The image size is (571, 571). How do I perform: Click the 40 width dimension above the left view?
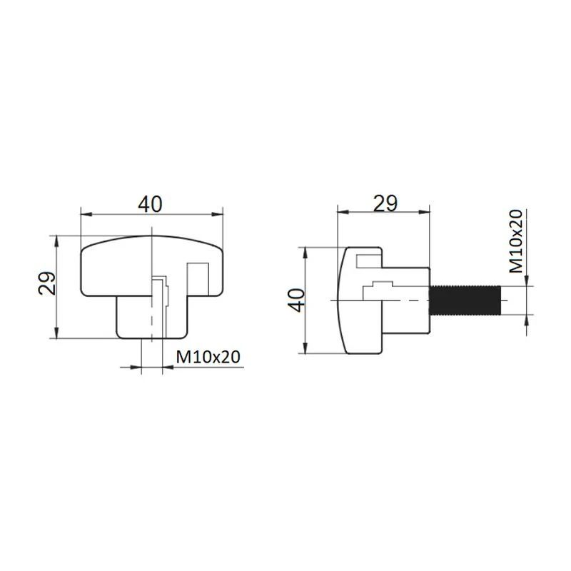pos(150,204)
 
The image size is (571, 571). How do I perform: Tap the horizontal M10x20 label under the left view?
pos(208,358)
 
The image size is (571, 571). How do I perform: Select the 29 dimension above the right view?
pos(385,203)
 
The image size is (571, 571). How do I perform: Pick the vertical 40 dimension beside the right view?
pos(296,300)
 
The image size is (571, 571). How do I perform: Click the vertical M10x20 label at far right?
pos(515,241)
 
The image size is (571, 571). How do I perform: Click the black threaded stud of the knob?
pos(465,300)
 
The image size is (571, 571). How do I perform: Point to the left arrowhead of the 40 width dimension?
pos(86,214)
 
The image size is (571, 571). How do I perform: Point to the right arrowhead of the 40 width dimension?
pos(217,214)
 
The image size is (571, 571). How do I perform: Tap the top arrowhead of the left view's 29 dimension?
pos(56,241)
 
